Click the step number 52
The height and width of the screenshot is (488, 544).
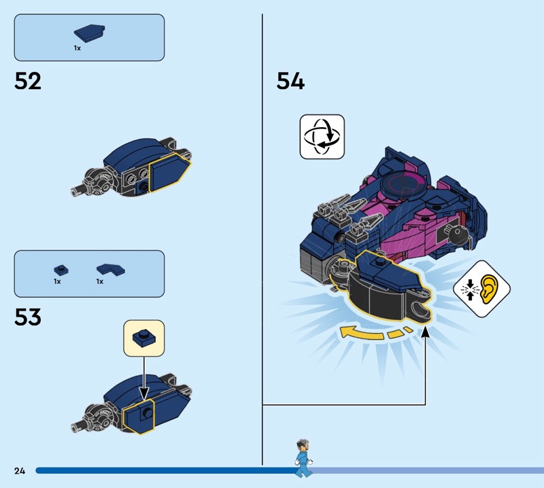28,81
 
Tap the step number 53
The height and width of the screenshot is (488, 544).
28,317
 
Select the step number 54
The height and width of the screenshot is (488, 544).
290,81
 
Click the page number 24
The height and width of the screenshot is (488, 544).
20,470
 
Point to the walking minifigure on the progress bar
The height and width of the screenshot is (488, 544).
303,458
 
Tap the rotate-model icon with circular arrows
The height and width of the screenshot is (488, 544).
322,137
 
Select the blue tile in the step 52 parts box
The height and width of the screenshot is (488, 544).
90,33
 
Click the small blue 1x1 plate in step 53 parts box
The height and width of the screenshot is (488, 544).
61,271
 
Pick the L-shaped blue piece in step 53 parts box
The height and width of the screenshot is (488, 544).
111,270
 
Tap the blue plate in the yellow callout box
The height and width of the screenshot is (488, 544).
144,338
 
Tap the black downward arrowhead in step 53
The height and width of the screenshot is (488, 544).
144,394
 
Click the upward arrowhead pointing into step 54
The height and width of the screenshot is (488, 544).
425,332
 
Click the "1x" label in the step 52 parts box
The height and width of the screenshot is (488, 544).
77,48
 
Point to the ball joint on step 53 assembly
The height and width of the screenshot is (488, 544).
100,417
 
